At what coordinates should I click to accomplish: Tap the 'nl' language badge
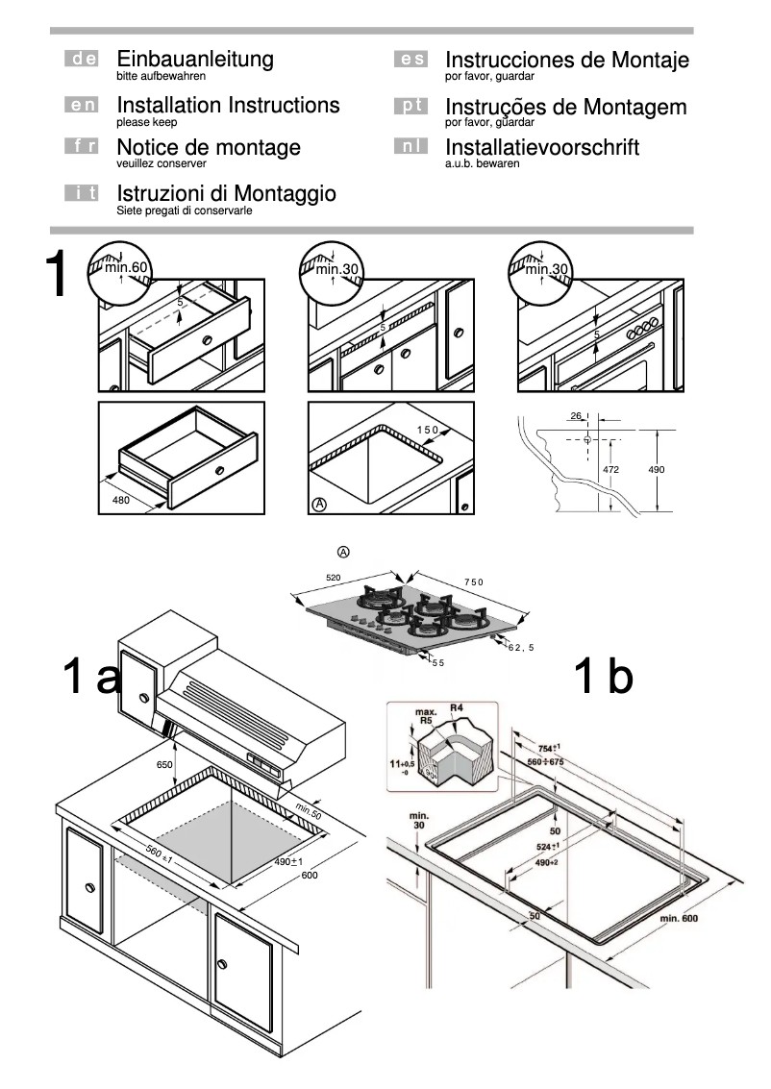tap(410, 148)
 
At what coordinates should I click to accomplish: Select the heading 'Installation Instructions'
tap(228, 105)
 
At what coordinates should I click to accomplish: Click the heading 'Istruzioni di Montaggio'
tap(226, 194)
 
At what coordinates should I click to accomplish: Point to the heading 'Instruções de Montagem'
tap(566, 107)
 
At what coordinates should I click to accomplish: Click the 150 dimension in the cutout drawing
tap(427, 430)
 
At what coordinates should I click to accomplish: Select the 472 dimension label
tap(609, 469)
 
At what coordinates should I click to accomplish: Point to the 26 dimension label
tap(575, 416)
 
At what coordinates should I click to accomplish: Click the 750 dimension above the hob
tap(473, 582)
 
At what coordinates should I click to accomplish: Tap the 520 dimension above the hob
tap(334, 578)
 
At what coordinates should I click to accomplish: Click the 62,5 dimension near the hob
tap(520, 647)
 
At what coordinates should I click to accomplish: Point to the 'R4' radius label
tap(458, 709)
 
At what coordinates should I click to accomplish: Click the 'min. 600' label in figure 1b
tap(678, 919)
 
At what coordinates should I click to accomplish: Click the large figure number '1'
tap(60, 277)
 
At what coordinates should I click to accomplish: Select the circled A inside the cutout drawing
tap(318, 504)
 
